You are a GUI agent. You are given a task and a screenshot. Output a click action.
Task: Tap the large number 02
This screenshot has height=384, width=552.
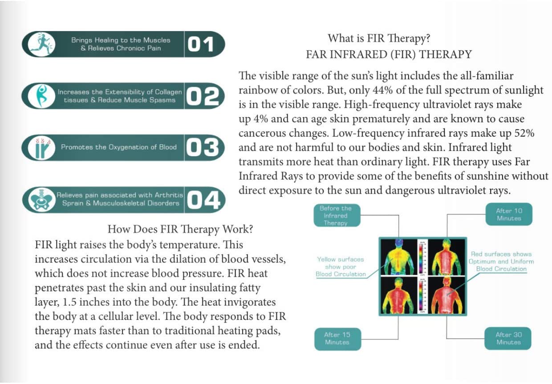pyautogui.click(x=203, y=96)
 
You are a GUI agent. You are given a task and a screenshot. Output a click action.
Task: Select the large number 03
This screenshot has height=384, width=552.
pyautogui.click(x=202, y=147)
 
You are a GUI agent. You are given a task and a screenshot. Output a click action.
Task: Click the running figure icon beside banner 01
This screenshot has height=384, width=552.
pyautogui.click(x=41, y=44)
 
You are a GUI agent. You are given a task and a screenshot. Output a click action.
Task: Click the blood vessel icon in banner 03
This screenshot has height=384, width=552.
pyautogui.click(x=41, y=148)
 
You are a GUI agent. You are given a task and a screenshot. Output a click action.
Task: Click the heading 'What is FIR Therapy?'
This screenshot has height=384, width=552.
pyautogui.click(x=379, y=39)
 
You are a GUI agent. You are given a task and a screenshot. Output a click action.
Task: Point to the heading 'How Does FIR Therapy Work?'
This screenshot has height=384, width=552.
pyautogui.click(x=180, y=230)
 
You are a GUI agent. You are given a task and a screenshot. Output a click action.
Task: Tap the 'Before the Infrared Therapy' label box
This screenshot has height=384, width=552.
pyautogui.click(x=335, y=215)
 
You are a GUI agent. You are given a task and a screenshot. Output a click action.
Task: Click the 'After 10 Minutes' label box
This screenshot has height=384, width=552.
pyautogui.click(x=508, y=214)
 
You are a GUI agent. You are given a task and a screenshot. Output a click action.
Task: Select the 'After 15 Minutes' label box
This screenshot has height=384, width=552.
pyautogui.click(x=337, y=339)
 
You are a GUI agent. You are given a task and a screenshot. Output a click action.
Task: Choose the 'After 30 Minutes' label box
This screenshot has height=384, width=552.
pyautogui.click(x=508, y=339)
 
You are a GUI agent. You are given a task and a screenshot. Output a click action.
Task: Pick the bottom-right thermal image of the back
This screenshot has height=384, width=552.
pyautogui.click(x=446, y=295)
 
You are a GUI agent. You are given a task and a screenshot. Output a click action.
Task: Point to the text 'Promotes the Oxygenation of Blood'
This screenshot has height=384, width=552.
pyautogui.click(x=118, y=147)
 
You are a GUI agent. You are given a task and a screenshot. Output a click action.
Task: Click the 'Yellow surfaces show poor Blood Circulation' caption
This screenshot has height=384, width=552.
pyautogui.click(x=341, y=267)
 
